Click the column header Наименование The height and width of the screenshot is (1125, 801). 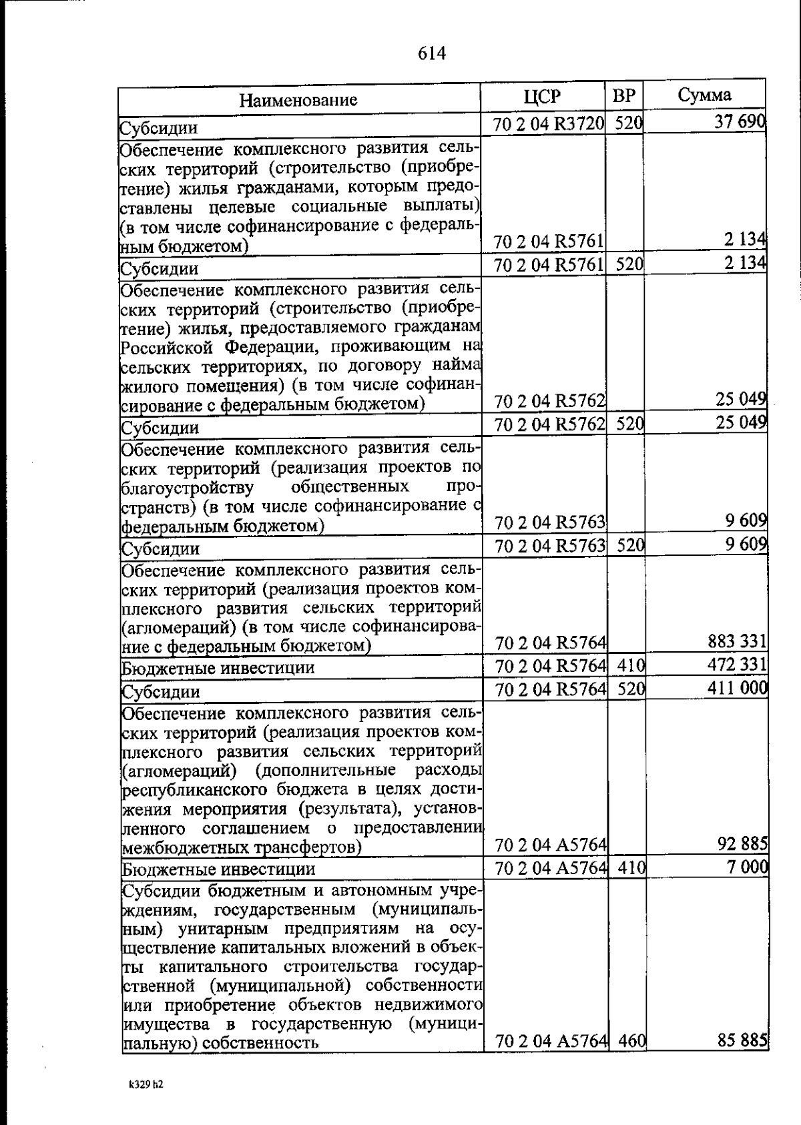click(x=298, y=100)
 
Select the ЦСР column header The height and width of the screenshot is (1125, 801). click(x=543, y=97)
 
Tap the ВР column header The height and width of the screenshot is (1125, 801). click(x=624, y=96)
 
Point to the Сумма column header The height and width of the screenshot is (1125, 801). click(x=704, y=95)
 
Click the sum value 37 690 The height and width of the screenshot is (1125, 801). click(x=739, y=123)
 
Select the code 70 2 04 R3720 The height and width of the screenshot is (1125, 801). click(x=549, y=124)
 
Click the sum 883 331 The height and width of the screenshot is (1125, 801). click(x=737, y=642)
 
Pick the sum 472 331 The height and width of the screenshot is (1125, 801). click(x=737, y=665)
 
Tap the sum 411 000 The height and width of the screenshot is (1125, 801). click(x=737, y=688)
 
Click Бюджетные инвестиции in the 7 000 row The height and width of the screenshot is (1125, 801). click(x=218, y=869)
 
